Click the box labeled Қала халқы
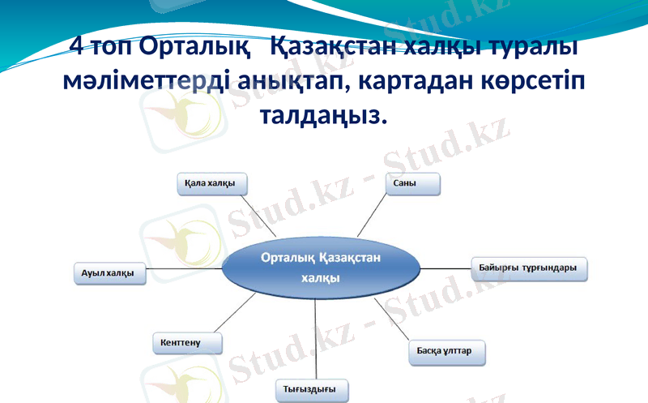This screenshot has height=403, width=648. pos(211,184)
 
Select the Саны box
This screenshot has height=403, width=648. pos(412,184)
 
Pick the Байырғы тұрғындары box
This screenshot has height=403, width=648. pos(529,268)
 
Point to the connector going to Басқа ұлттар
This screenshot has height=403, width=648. pos(393,319)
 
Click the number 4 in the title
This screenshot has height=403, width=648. pos(75,46)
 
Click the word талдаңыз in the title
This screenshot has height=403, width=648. pos(322,115)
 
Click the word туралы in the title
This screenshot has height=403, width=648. pos(535,46)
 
